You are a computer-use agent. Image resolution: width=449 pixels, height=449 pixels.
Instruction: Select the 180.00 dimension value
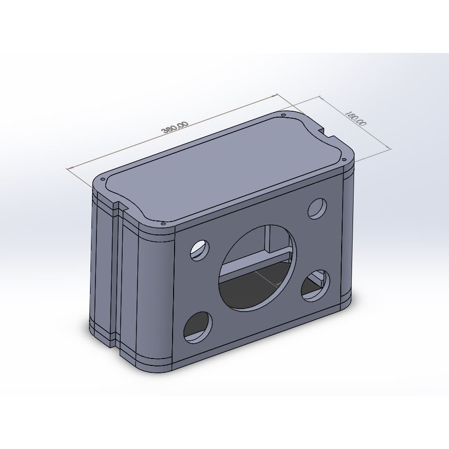tap(357, 119)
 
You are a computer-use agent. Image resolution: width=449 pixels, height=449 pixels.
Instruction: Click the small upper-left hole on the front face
tap(200, 250)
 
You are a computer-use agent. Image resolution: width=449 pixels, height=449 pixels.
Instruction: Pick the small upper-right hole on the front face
tap(317, 209)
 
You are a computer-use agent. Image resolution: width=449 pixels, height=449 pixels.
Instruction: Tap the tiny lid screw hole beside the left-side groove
tap(102, 179)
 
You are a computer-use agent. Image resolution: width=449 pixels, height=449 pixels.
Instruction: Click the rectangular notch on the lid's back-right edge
tap(327, 132)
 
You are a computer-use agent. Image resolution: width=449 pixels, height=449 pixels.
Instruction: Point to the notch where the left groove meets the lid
tap(119, 204)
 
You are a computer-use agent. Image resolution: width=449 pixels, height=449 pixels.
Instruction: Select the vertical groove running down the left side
tap(117, 272)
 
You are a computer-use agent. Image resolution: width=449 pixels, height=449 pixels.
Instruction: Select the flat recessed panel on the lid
tap(223, 168)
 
